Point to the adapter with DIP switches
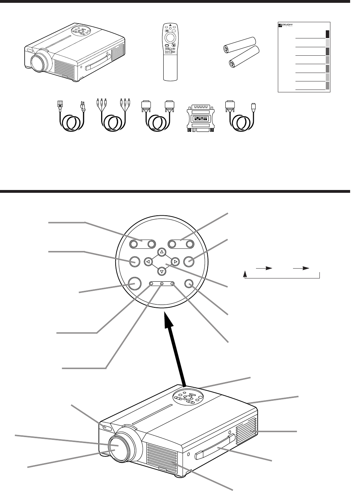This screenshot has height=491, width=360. pos(200,118)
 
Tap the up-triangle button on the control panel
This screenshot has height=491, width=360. pos(161,252)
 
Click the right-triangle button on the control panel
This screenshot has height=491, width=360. pos(175,262)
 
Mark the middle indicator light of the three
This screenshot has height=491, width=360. pos(162,283)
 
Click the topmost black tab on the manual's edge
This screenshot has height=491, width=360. pos(328,34)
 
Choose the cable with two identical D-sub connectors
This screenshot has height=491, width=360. pos(156,114)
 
